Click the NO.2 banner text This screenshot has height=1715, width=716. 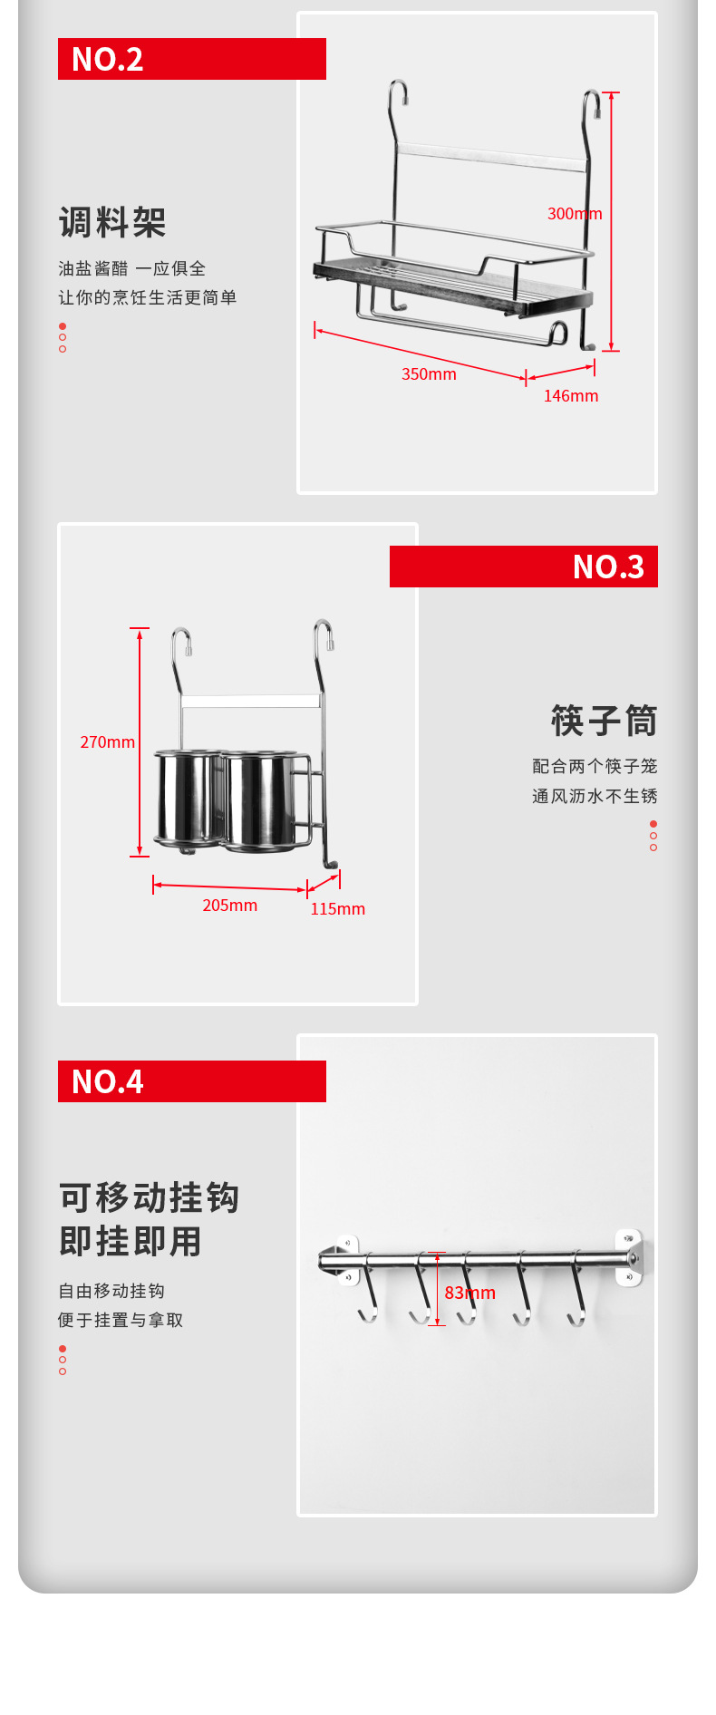click(107, 60)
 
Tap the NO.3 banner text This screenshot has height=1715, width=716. click(608, 567)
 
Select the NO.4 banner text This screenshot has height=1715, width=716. click(107, 1082)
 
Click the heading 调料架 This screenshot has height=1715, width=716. click(112, 222)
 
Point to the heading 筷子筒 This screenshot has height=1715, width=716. click(605, 722)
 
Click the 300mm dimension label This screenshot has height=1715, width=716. click(575, 214)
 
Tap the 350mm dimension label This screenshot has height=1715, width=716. click(429, 374)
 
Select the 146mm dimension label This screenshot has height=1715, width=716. click(571, 396)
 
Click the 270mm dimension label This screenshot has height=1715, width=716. click(107, 742)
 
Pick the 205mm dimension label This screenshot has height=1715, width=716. click(229, 906)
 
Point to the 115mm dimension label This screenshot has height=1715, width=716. click(337, 909)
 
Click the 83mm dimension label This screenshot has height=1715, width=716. click(469, 1294)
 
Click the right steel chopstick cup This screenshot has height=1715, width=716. click(260, 800)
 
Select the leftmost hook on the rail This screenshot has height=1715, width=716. click(368, 1289)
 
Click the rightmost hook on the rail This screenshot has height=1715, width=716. click(576, 1290)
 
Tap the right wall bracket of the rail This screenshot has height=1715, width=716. click(629, 1257)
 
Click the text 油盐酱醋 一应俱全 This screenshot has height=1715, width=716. click(132, 268)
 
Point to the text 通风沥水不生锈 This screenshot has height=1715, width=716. click(595, 796)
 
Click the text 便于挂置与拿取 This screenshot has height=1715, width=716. click(121, 1320)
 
